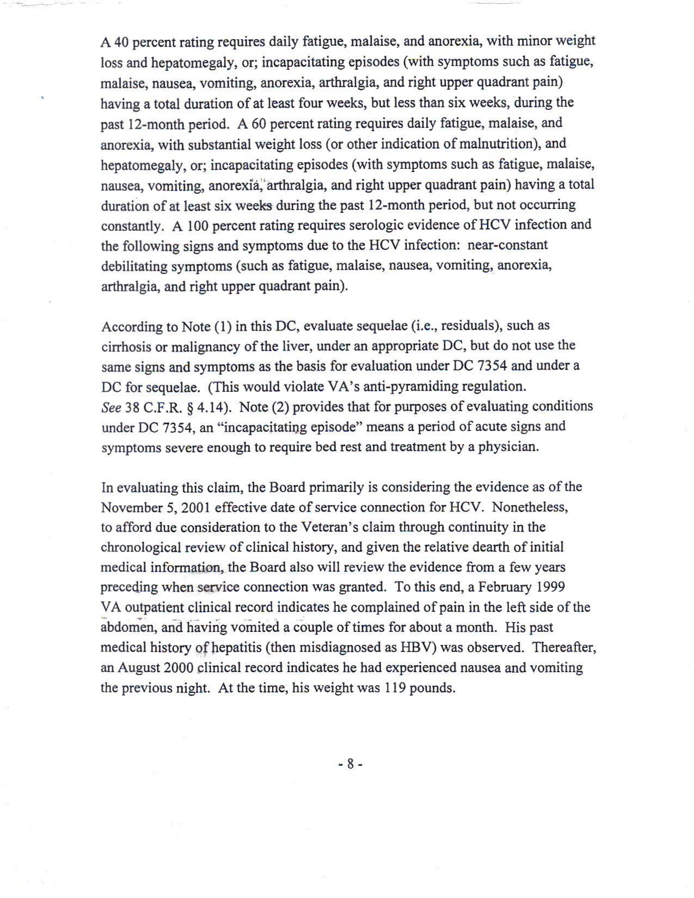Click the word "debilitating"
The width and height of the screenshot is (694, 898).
click(x=134, y=266)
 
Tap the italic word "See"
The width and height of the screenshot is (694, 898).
click(x=111, y=407)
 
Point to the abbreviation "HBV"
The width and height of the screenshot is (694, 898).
click(x=417, y=647)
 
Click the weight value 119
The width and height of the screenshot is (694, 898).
click(x=394, y=688)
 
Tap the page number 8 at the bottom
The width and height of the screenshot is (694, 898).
click(x=351, y=764)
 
